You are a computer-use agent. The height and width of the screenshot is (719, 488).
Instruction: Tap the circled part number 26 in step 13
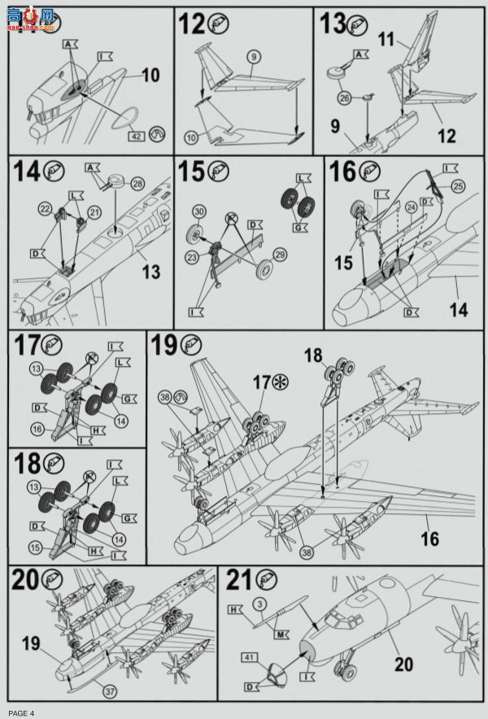pyautogui.click(x=345, y=99)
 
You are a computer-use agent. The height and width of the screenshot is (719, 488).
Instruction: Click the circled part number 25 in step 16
pyautogui.click(x=460, y=188)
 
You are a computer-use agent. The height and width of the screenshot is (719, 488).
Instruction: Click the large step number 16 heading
pyautogui.click(x=342, y=172)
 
